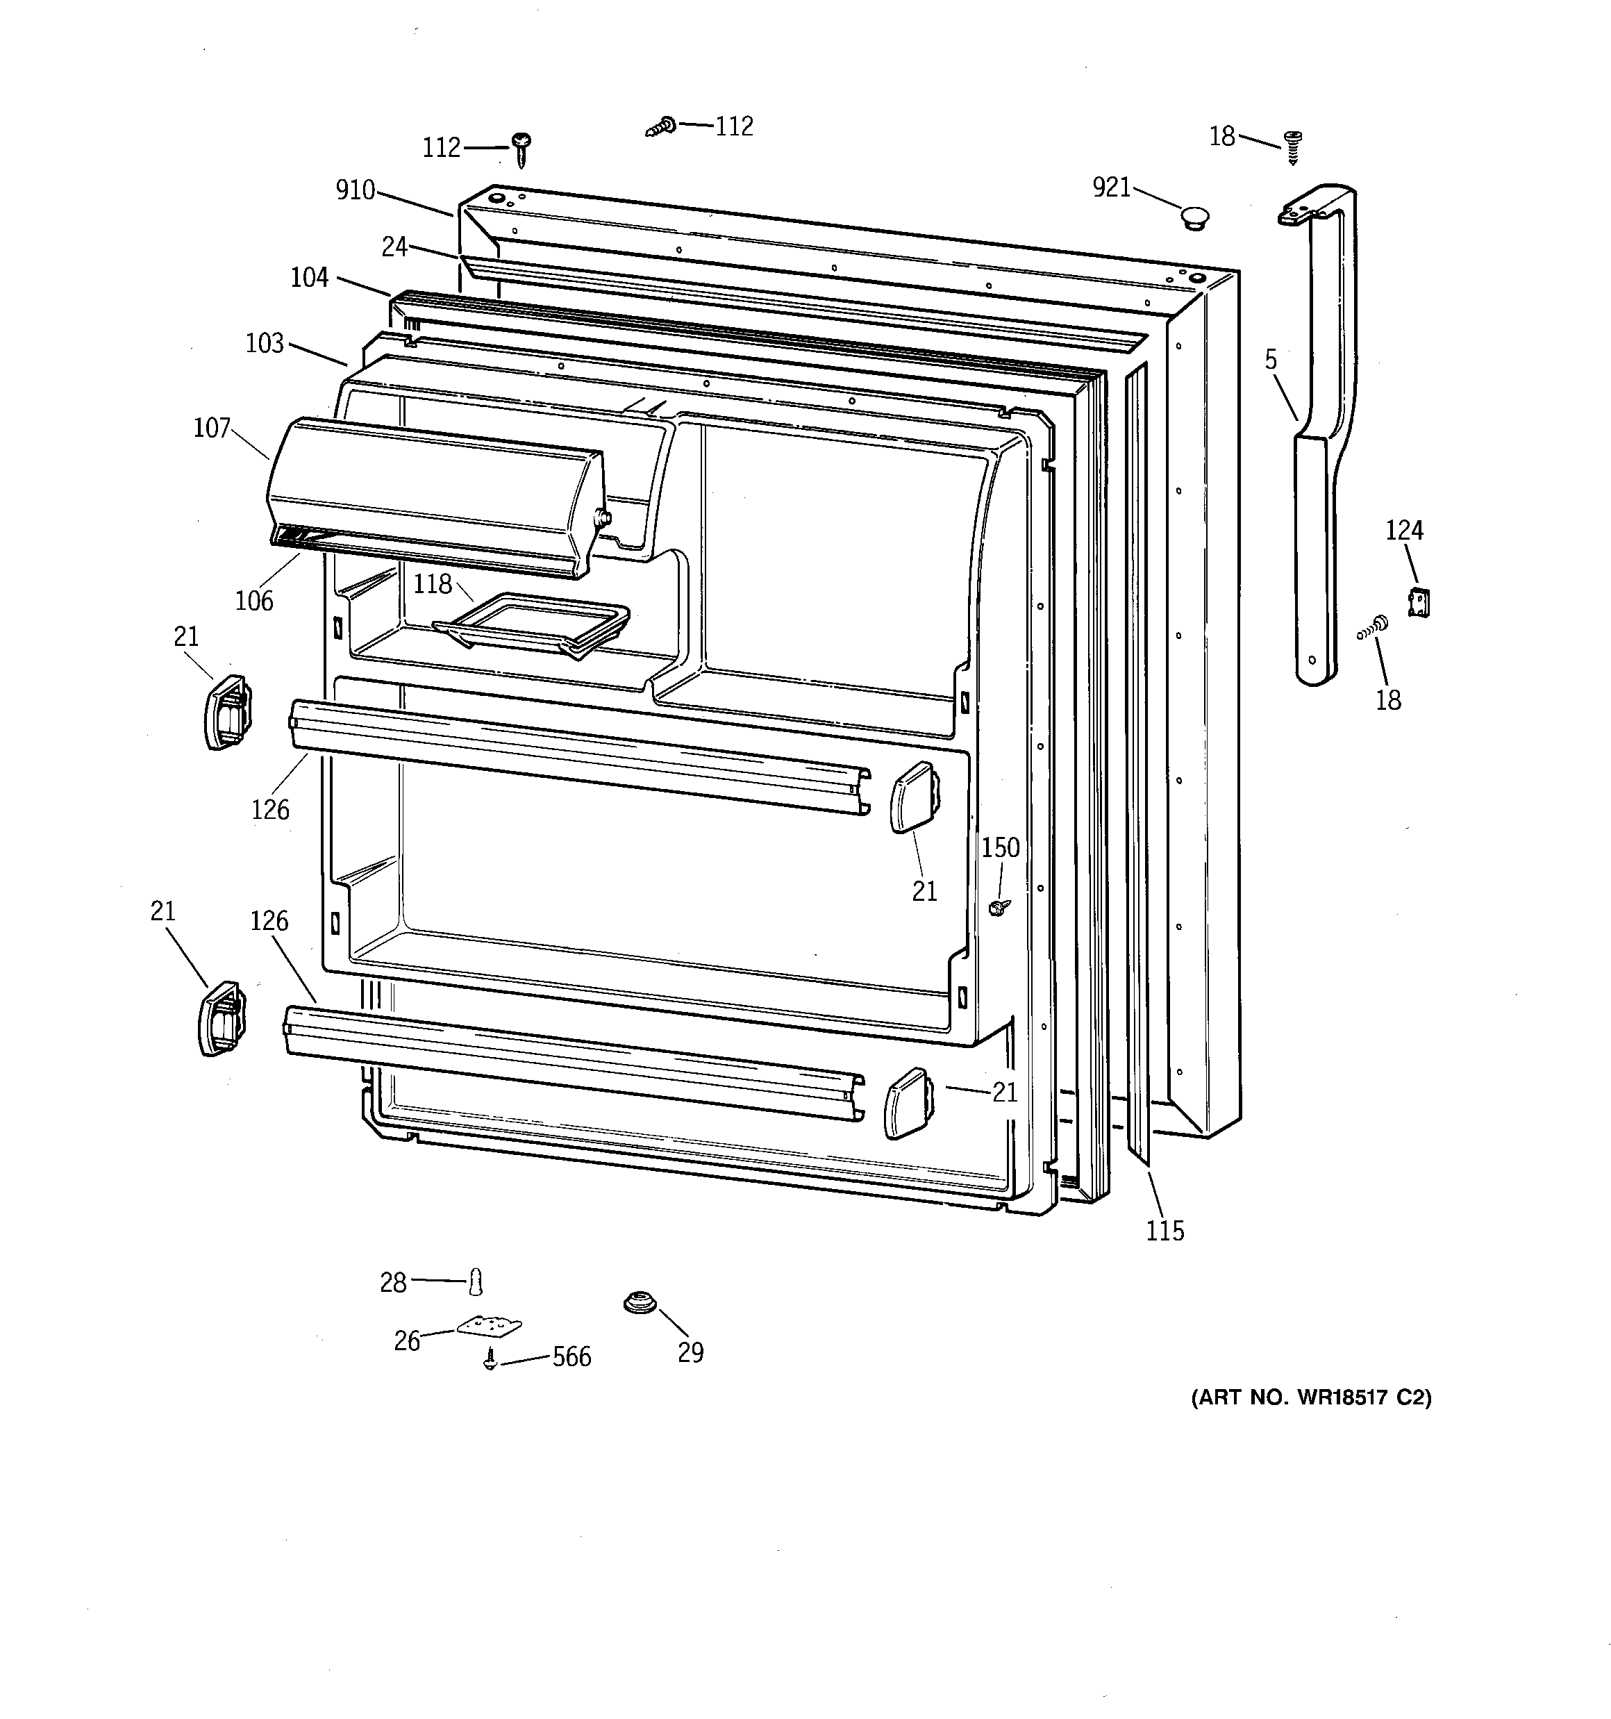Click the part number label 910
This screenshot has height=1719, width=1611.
tap(356, 190)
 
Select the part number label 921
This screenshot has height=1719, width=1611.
tap(1111, 187)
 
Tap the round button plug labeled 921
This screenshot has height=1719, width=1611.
tap(1194, 217)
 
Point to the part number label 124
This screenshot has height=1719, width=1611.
tap(1404, 530)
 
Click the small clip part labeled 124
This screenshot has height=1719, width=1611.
tap(1418, 601)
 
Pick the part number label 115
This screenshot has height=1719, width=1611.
tap(1165, 1231)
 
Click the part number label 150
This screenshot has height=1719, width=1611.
tap(1001, 848)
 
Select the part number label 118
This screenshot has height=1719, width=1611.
tap(433, 585)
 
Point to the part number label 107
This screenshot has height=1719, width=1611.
tap(212, 428)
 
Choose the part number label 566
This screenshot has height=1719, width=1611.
tap(571, 1356)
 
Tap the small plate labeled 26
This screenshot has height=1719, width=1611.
tap(489, 1324)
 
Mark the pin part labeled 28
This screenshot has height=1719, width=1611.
tap(475, 1281)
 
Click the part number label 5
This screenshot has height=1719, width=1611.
tap(1270, 360)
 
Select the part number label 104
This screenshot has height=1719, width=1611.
tap(310, 278)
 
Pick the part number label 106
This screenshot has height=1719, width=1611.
tap(254, 601)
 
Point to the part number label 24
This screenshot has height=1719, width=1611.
tap(394, 247)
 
